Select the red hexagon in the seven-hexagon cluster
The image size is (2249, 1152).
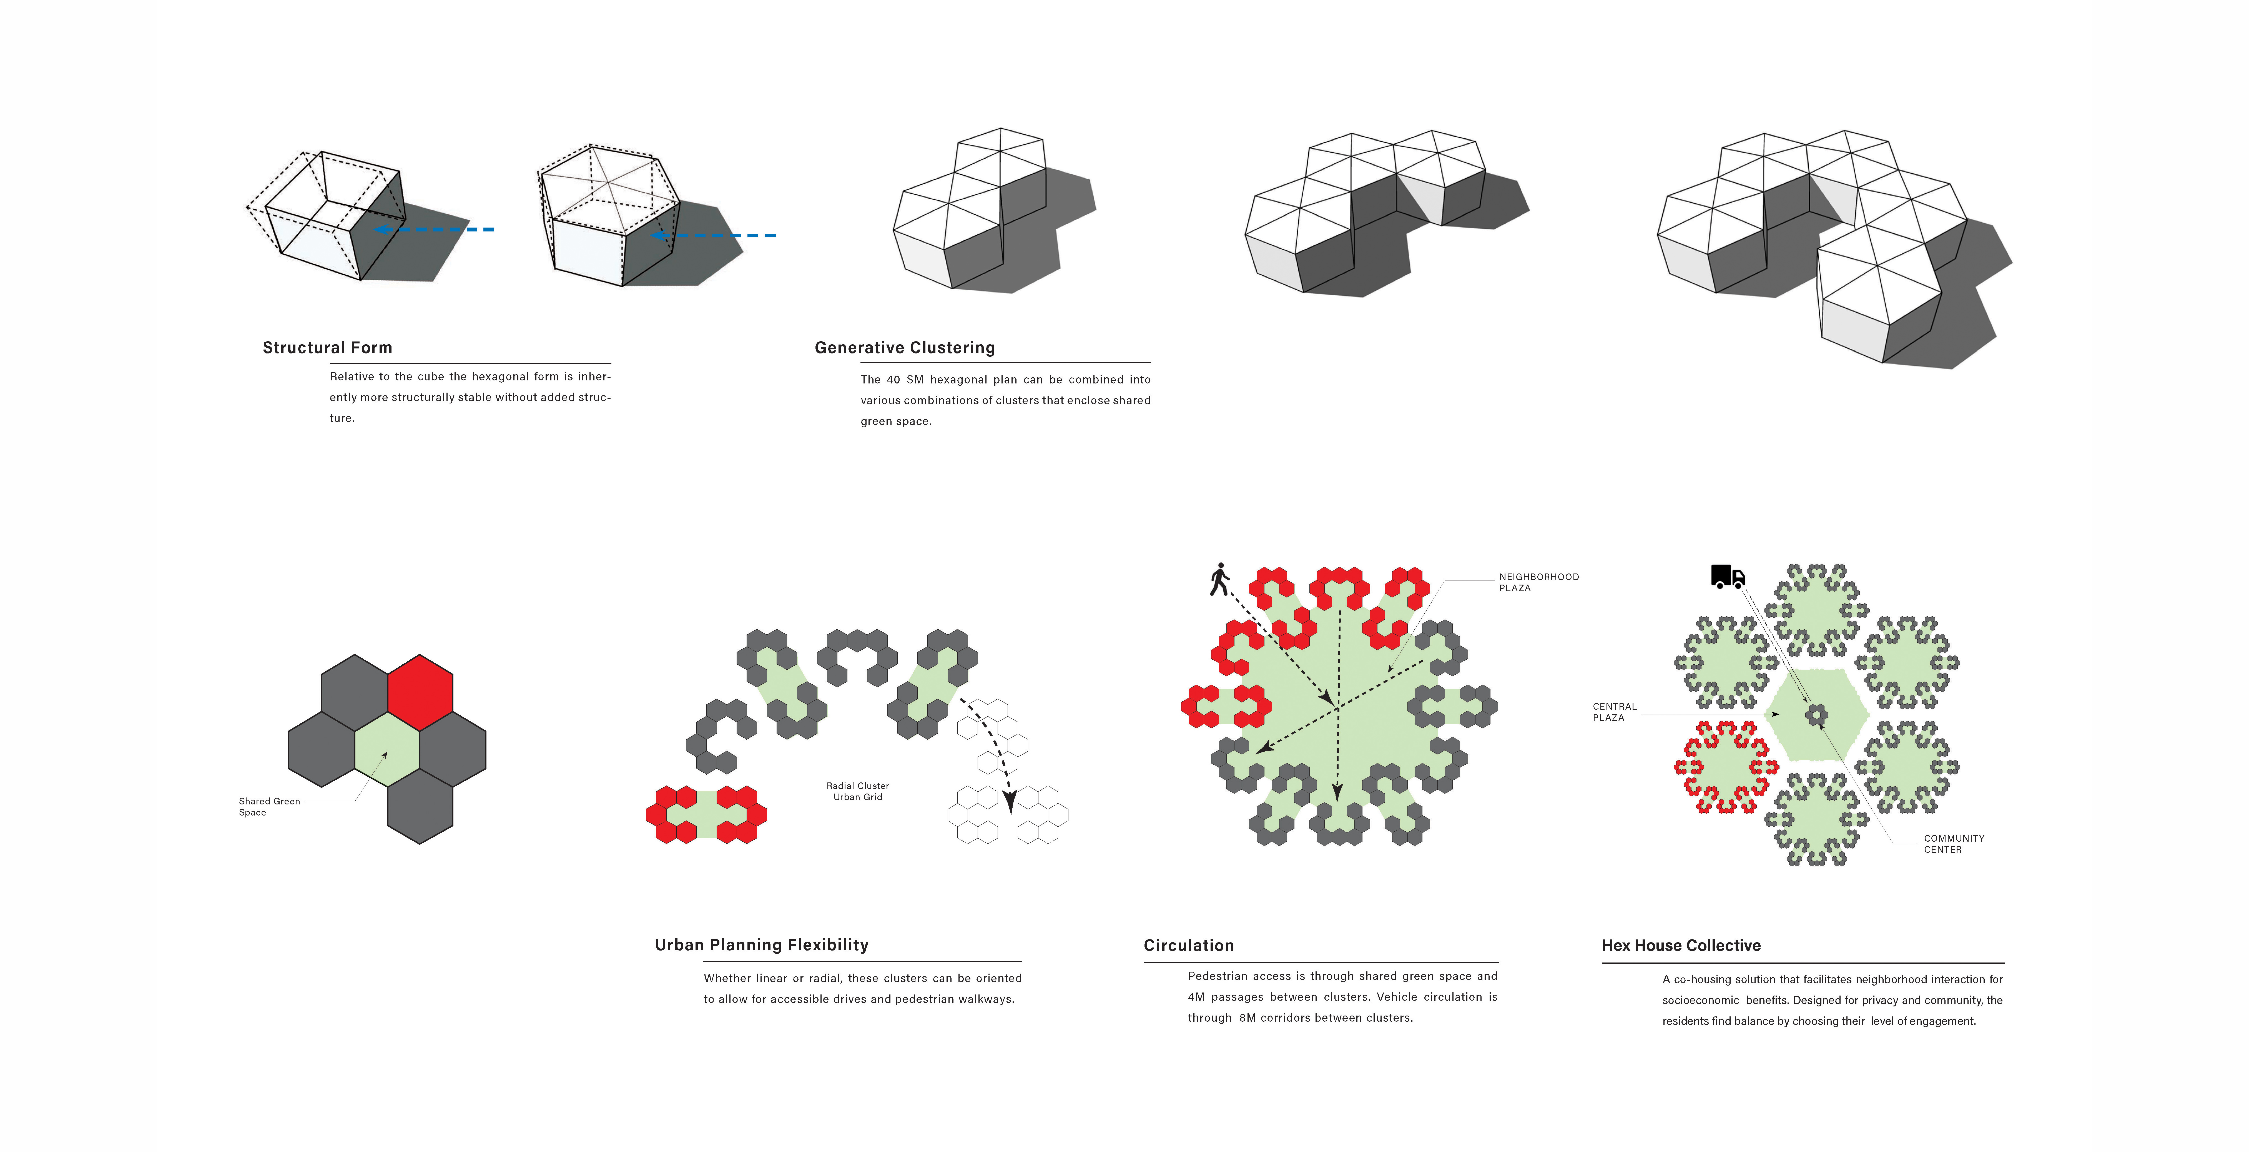(420, 692)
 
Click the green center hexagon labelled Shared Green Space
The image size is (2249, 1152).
(387, 749)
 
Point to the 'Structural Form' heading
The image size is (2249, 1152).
(327, 348)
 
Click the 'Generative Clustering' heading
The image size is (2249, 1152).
(905, 348)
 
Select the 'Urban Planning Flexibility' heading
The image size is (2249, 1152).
(761, 945)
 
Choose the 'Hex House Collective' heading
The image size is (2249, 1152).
(1681, 946)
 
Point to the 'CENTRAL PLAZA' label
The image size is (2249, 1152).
(1614, 712)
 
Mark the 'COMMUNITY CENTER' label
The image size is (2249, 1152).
(1954, 844)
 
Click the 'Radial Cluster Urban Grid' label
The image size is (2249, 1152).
(857, 791)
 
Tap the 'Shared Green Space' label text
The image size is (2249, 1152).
(269, 806)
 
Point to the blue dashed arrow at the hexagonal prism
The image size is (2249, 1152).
(714, 235)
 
